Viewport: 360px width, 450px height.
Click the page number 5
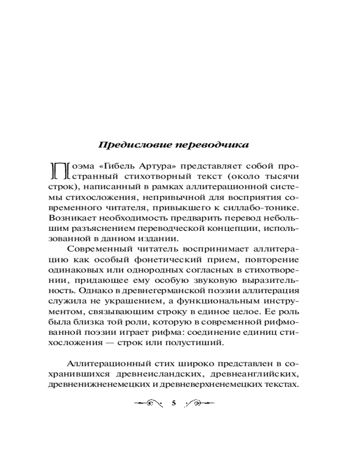pos(174,403)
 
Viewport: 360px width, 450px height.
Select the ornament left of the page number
pos(149,403)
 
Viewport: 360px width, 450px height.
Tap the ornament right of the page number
pos(198,403)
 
